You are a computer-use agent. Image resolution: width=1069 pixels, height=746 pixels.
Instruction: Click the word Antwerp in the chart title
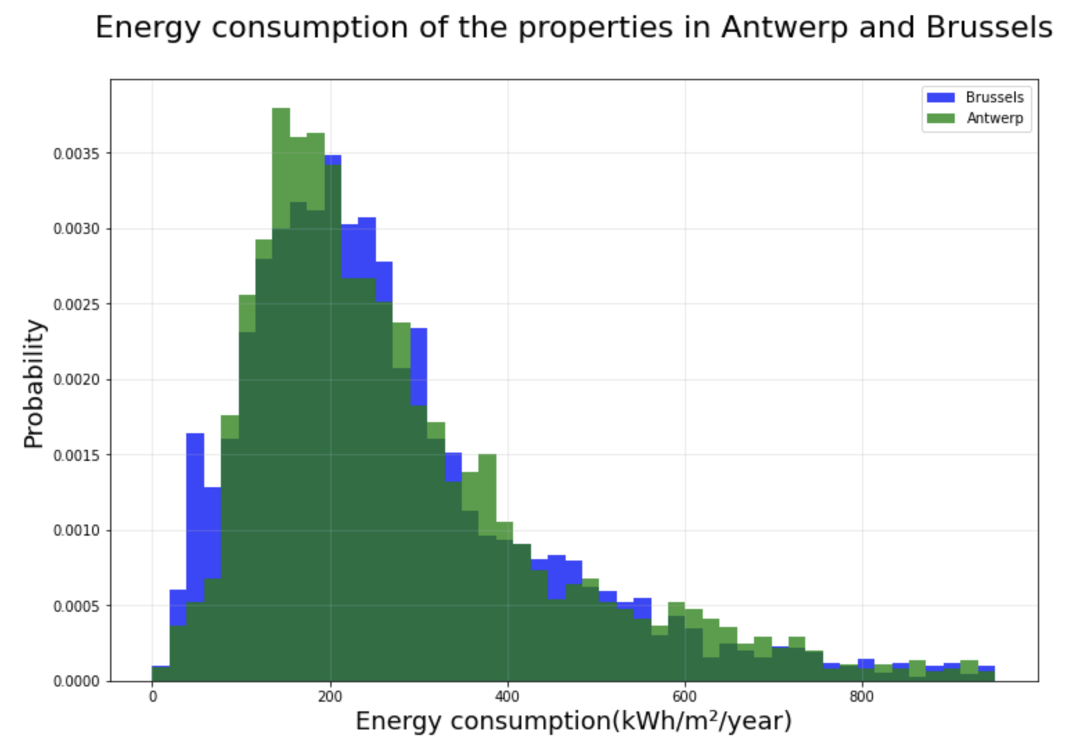pyautogui.click(x=784, y=28)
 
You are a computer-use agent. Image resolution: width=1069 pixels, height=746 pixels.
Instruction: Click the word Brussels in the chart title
pyautogui.click(x=989, y=28)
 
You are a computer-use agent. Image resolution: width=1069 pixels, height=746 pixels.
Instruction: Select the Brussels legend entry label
pyautogui.click(x=994, y=98)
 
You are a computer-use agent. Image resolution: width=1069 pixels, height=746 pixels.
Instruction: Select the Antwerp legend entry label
pyautogui.click(x=994, y=118)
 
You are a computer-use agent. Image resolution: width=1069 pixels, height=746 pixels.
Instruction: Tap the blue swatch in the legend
pyautogui.click(x=940, y=98)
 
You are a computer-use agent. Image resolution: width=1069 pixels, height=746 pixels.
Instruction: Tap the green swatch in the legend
pyautogui.click(x=940, y=118)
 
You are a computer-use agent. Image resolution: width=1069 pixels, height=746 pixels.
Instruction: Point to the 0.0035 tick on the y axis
pyautogui.click(x=76, y=154)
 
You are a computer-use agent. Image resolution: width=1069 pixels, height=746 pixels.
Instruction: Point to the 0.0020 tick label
pyautogui.click(x=76, y=380)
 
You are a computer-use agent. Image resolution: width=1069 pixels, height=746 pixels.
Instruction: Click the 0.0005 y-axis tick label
pyautogui.click(x=76, y=606)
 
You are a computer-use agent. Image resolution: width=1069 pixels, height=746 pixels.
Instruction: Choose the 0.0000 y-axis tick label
pyautogui.click(x=76, y=682)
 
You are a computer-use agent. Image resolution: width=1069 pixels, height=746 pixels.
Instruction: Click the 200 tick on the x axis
pyautogui.click(x=330, y=696)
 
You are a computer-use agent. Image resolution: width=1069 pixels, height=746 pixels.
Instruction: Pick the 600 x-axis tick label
pyautogui.click(x=685, y=696)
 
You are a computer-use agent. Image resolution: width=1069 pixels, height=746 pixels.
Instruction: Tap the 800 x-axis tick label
pyautogui.click(x=862, y=696)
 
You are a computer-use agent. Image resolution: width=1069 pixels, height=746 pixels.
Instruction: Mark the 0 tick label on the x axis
pyautogui.click(x=153, y=696)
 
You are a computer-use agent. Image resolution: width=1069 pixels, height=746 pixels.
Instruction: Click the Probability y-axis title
pyautogui.click(x=33, y=383)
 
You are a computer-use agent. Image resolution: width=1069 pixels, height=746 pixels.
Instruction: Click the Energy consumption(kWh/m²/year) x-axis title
pyautogui.click(x=573, y=721)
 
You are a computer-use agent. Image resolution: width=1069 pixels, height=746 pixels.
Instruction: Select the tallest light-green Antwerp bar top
pyautogui.click(x=281, y=111)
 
